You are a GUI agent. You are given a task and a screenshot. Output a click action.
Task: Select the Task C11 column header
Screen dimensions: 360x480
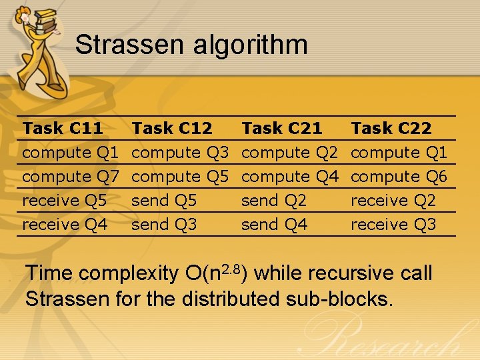coord(63,128)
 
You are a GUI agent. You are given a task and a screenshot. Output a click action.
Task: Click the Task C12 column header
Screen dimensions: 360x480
coord(172,128)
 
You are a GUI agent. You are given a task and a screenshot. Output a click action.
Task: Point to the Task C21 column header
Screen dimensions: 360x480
coord(281,128)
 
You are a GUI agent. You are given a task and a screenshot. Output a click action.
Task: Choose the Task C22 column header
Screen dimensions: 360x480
coord(391,128)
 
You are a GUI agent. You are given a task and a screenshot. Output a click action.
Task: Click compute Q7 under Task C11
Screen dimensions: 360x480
coord(71,177)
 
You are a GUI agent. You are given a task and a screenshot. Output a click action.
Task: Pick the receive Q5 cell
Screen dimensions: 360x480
coord(65,201)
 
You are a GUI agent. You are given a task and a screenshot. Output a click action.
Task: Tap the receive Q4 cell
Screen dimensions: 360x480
coord(65,225)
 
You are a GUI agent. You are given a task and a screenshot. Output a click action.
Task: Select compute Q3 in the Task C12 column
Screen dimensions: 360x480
coord(180,153)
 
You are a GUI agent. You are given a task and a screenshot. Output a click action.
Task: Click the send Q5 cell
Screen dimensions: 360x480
coord(164,201)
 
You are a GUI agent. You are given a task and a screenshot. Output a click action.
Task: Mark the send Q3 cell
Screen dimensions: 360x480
coord(164,225)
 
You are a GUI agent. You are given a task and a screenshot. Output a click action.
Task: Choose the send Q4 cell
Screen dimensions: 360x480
coord(274,225)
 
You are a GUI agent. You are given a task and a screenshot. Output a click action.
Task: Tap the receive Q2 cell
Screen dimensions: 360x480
coord(393,201)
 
